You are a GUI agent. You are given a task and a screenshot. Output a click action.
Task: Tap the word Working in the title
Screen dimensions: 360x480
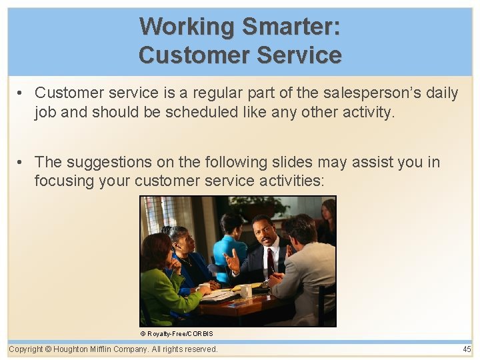coord(187,27)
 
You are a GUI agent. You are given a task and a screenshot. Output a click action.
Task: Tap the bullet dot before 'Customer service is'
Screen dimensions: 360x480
coord(22,93)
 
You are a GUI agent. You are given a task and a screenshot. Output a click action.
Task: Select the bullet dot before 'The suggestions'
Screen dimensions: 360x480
coord(22,163)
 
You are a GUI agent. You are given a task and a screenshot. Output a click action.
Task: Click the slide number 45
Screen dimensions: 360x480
coord(466,349)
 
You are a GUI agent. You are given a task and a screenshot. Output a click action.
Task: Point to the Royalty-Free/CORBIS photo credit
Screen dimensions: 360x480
coord(177,333)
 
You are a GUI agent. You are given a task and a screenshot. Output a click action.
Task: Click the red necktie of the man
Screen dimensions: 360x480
coord(271,261)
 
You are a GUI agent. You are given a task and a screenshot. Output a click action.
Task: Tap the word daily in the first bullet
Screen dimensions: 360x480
coord(442,93)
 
